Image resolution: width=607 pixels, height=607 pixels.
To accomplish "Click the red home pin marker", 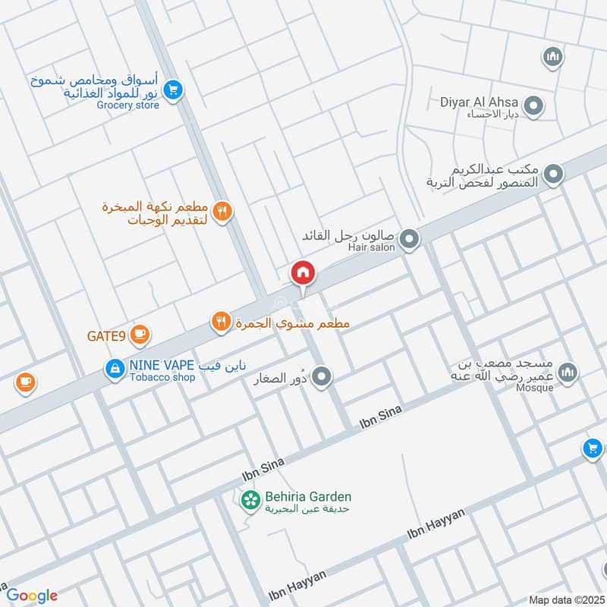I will (303, 272).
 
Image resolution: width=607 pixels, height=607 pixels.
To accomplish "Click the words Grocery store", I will (127, 105).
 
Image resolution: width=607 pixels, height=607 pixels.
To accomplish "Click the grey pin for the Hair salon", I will (410, 240).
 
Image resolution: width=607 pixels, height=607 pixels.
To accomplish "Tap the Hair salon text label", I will (373, 247).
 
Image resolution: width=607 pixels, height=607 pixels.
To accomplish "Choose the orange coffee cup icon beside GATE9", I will (140, 333).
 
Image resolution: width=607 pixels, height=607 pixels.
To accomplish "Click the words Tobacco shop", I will (162, 377).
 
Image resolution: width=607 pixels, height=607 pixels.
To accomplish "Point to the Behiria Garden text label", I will (308, 497).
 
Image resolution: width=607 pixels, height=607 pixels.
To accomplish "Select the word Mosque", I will (534, 386).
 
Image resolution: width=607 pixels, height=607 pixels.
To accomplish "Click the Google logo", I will (32, 596).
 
